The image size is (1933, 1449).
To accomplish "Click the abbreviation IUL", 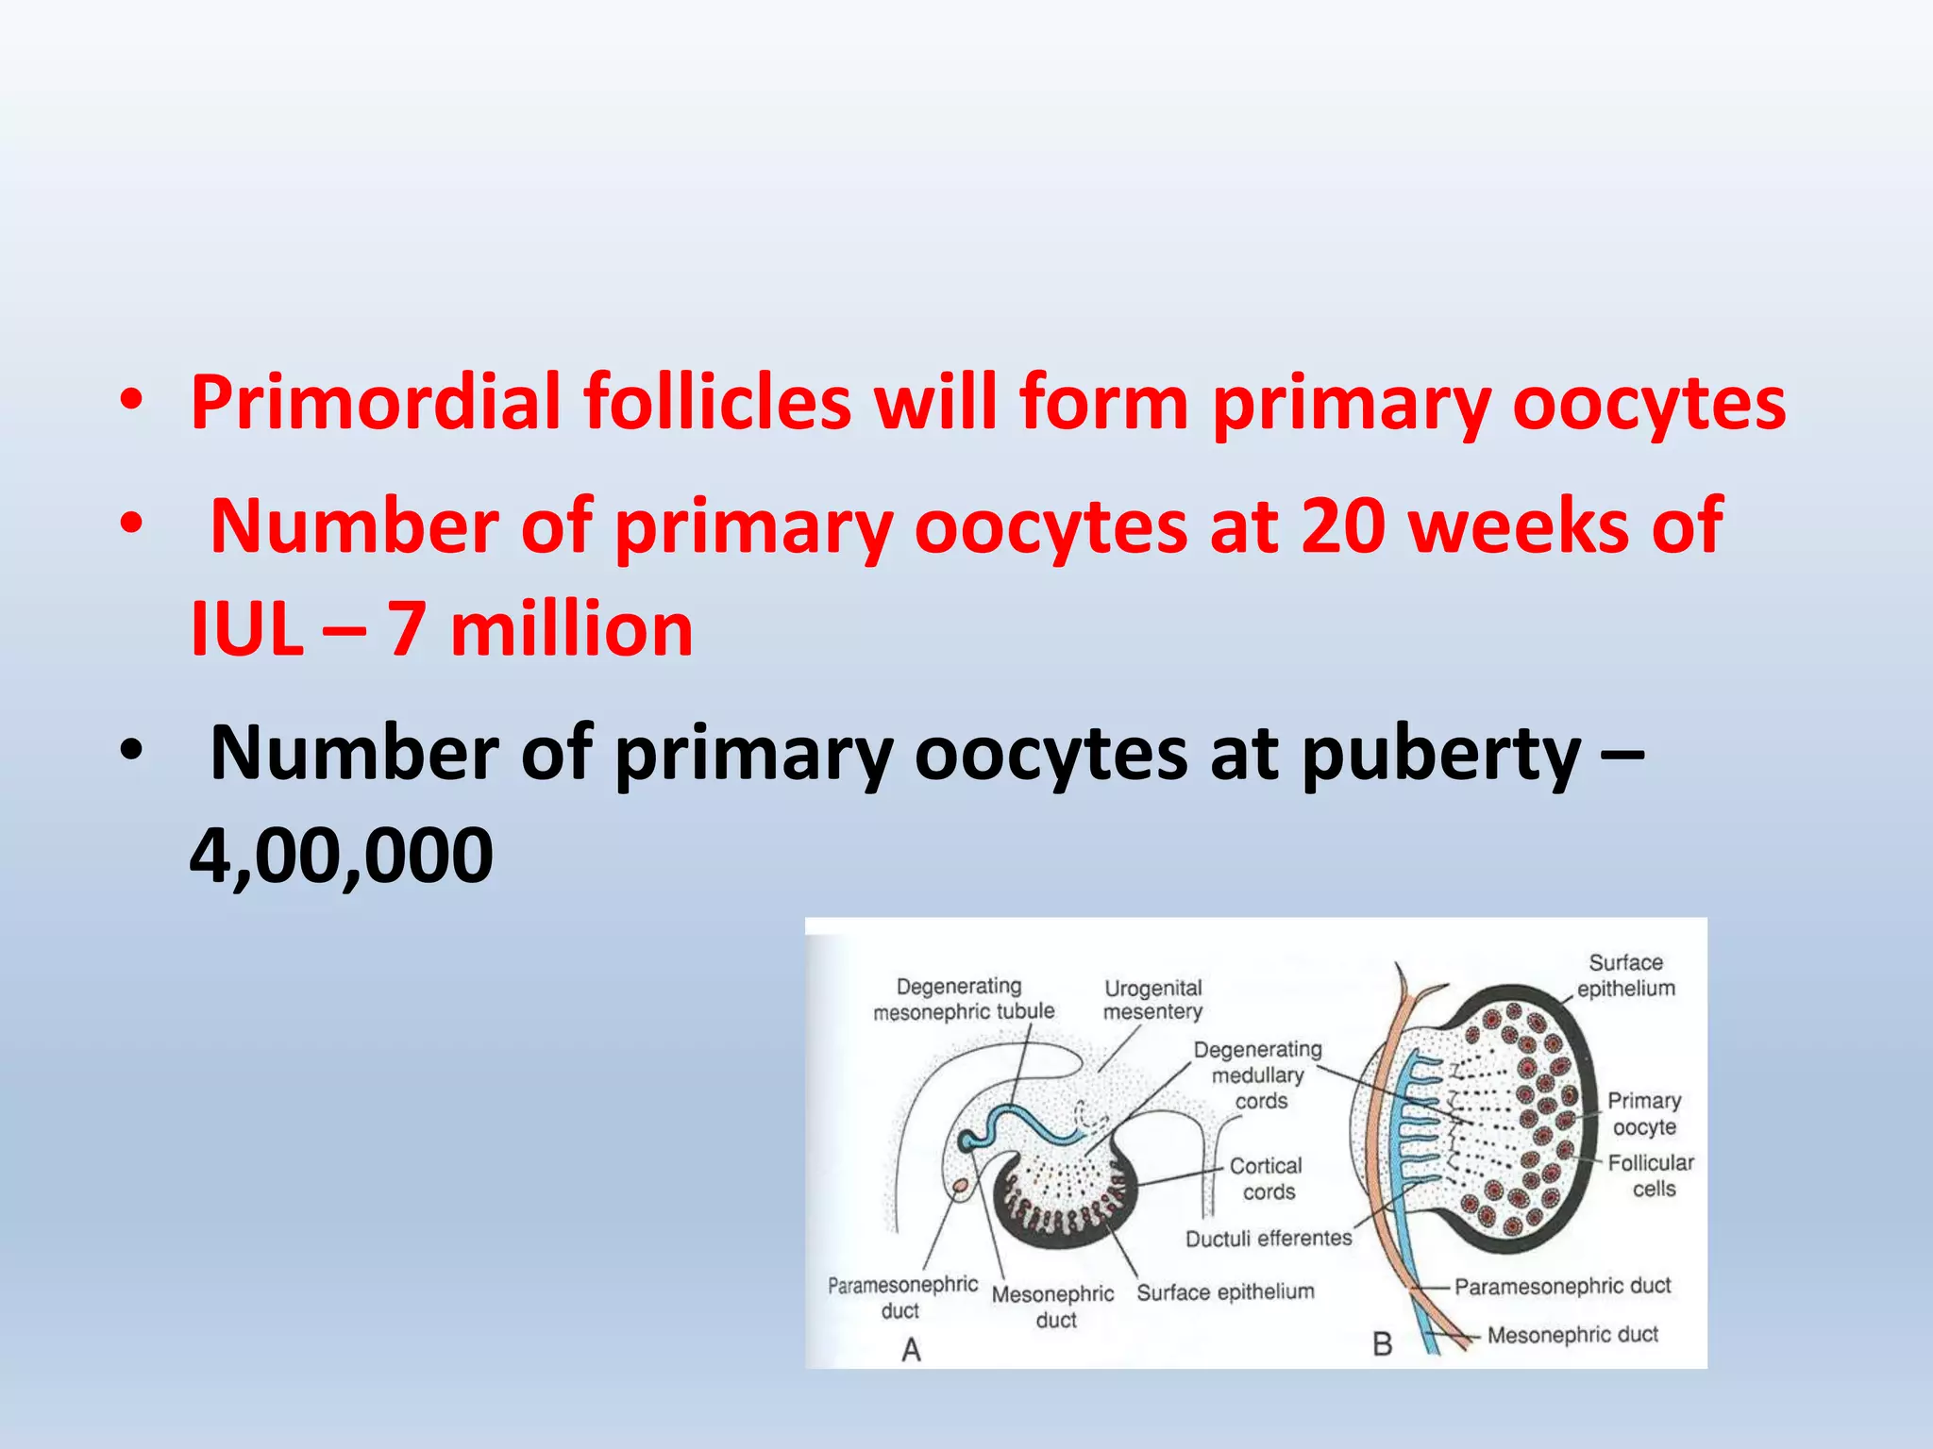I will pyautogui.click(x=246, y=629).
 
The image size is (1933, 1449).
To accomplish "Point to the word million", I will pyautogui.click(x=571, y=629).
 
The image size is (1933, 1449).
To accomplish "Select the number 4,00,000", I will pyautogui.click(x=341, y=855).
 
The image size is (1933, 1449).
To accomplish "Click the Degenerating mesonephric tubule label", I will pyautogui.click(x=963, y=999).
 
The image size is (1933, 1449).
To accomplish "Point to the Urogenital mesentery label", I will pyautogui.click(x=1152, y=1000).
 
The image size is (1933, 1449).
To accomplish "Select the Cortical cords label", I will pyautogui.click(x=1267, y=1179).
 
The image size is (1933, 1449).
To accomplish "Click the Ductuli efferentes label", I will pyautogui.click(x=1268, y=1239).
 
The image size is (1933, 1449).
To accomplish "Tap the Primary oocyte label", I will pyautogui.click(x=1644, y=1114).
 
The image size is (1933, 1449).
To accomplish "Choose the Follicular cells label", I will pyautogui.click(x=1651, y=1176).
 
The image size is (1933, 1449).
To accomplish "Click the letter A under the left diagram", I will pyautogui.click(x=911, y=1350).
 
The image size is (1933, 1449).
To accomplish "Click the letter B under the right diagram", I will pyautogui.click(x=1383, y=1344).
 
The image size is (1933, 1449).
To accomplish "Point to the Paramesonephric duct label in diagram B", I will pyautogui.click(x=1562, y=1286).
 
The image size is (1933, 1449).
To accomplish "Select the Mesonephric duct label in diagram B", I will pyautogui.click(x=1572, y=1335).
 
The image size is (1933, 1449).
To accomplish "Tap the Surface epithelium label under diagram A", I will pyautogui.click(x=1225, y=1292).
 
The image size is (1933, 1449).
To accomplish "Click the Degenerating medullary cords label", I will pyautogui.click(x=1258, y=1075).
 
